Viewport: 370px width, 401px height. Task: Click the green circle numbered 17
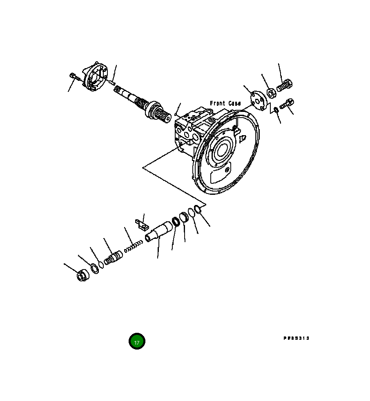pyautogui.click(x=137, y=341)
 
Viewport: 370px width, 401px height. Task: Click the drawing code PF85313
pyautogui.click(x=296, y=338)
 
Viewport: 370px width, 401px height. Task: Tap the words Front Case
pyautogui.click(x=225, y=103)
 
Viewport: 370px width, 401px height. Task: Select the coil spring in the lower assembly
pyautogui.click(x=134, y=246)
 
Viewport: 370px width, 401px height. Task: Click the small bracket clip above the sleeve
pyautogui.click(x=141, y=225)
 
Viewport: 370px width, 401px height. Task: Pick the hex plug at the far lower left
pyautogui.click(x=82, y=276)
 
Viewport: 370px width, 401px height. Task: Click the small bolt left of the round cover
pyautogui.click(x=73, y=76)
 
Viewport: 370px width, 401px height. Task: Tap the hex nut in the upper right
pyautogui.click(x=271, y=94)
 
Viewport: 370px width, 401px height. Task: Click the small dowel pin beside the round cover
pyautogui.click(x=111, y=82)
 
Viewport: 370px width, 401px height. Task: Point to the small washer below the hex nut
pyautogui.click(x=276, y=109)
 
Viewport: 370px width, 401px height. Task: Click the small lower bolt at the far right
pyautogui.click(x=287, y=104)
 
